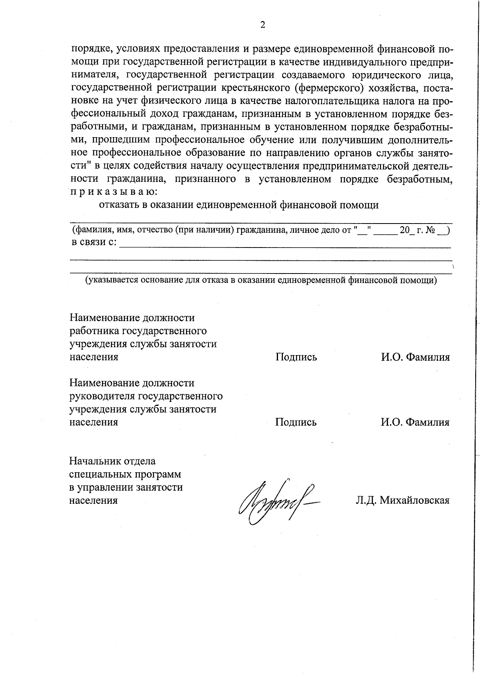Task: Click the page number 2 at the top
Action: (262, 25)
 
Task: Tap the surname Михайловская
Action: (414, 500)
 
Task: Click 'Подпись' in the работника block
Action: (296, 357)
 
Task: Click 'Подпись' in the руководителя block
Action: (296, 422)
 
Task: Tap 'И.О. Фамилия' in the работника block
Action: (415, 357)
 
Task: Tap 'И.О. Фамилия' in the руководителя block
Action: (415, 422)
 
